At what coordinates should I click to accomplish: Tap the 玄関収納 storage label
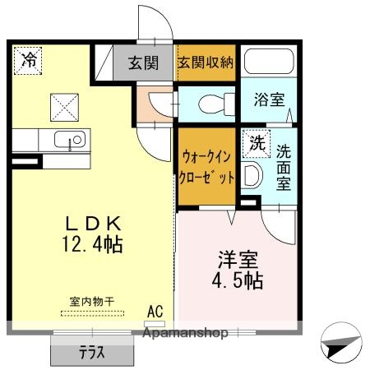206,62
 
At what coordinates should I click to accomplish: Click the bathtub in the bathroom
269,62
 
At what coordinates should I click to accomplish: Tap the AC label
155,311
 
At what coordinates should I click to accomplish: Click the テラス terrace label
91,353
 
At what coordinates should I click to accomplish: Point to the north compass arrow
339,345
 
